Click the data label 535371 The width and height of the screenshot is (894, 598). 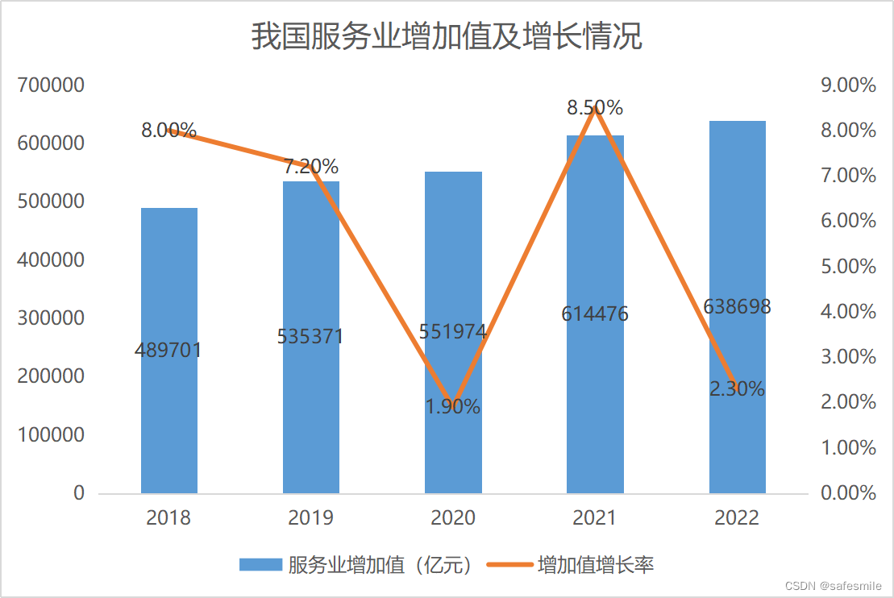click(310, 336)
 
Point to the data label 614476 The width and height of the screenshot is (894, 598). click(595, 314)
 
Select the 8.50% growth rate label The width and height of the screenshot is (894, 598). click(595, 107)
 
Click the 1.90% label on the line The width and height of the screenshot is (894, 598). click(453, 407)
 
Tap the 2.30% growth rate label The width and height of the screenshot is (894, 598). click(737, 388)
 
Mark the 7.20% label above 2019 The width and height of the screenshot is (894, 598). click(310, 167)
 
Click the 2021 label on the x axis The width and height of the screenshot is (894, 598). click(595, 517)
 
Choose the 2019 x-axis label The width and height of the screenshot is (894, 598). click(310, 517)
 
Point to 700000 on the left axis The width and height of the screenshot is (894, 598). click(50, 85)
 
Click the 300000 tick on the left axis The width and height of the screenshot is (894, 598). click(50, 318)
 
